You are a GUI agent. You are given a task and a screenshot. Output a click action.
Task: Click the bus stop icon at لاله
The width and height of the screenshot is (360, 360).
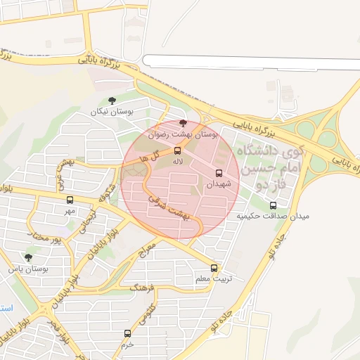pos(176,150)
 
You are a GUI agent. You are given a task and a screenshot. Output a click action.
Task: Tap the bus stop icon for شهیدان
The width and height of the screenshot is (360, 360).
pos(219,173)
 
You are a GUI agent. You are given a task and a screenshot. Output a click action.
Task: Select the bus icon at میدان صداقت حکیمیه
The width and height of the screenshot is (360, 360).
pos(273,205)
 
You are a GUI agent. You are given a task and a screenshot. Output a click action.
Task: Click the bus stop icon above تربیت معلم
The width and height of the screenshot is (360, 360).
pos(214,268)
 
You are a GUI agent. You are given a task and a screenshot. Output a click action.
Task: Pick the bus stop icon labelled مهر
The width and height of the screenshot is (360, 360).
pos(69,200)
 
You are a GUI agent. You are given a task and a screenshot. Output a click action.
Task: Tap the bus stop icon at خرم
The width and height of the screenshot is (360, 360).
pos(127,333)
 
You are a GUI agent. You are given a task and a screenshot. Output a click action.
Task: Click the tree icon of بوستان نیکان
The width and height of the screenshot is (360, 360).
pos(112,101)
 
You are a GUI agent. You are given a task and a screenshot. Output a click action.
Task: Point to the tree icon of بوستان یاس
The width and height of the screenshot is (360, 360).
pos(28,258)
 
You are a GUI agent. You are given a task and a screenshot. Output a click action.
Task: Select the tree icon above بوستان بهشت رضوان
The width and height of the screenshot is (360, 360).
pos(183,122)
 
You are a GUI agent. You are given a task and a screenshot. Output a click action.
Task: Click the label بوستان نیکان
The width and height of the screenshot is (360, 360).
pos(112,112)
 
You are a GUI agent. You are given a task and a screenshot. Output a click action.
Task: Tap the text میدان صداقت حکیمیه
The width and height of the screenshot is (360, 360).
pos(273,216)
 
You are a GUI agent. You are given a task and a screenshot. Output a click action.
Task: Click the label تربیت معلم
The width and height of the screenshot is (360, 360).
pos(212,279)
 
